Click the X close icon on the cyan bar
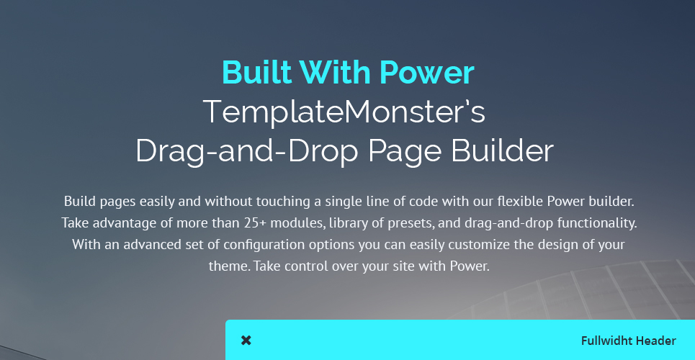tap(246, 341)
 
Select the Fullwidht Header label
tap(629, 341)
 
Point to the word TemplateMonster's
tap(344, 112)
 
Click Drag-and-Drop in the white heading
tap(247, 150)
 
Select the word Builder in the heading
tap(503, 150)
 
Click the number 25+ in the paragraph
tap(255, 222)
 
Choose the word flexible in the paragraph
tap(521, 202)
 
